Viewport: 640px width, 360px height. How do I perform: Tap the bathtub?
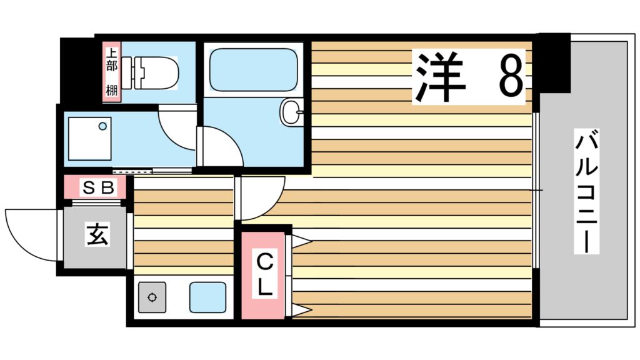coord(253,69)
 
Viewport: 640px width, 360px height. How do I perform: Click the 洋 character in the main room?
coord(441,76)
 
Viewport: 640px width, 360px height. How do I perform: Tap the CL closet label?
coord(264,275)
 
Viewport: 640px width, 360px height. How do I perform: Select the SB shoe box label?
coord(97,186)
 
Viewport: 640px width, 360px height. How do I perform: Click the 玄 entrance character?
coord(95,236)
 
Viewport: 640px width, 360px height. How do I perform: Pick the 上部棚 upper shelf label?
coord(111,72)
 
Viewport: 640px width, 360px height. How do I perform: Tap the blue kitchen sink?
coord(207,297)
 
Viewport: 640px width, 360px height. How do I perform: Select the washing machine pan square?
coord(89,138)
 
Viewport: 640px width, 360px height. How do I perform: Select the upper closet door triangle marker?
coord(301,241)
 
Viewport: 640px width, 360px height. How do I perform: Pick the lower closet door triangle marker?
coord(301,311)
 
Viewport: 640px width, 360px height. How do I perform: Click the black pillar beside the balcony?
coord(552,62)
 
